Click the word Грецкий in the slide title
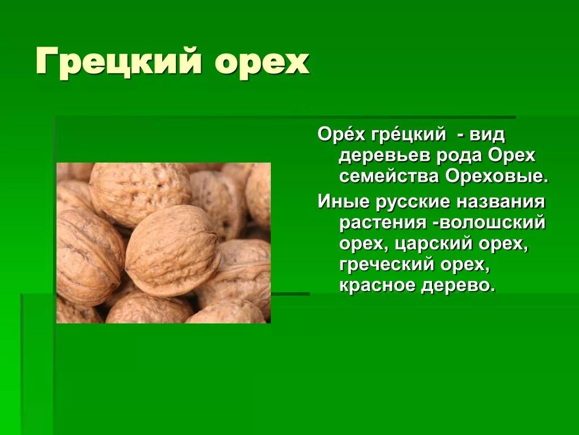click(x=118, y=62)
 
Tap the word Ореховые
click(x=496, y=176)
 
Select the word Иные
click(x=340, y=202)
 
